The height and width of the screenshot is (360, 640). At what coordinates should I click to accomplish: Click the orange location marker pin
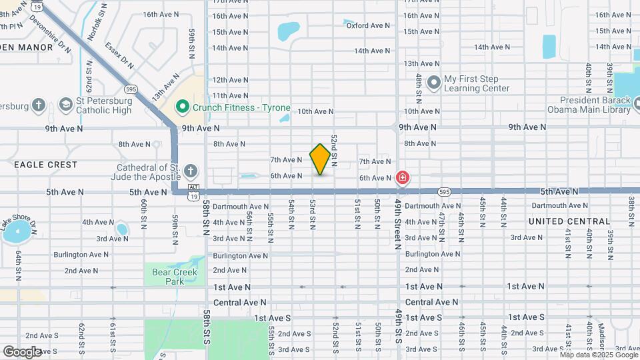click(320, 159)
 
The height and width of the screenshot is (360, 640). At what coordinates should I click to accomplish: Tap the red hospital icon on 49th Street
click(403, 178)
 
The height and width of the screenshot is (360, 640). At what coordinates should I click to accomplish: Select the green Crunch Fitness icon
click(181, 107)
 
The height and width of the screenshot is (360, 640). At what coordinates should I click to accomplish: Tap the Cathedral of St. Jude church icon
click(191, 171)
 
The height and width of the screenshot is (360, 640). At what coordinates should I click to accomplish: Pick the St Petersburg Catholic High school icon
click(65, 105)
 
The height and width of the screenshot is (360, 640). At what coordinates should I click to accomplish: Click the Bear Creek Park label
click(171, 277)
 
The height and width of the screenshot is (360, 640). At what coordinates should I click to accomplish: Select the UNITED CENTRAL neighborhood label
click(569, 221)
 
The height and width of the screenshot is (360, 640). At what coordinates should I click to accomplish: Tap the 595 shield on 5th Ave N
click(445, 192)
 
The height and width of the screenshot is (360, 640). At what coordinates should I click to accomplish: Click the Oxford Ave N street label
click(367, 25)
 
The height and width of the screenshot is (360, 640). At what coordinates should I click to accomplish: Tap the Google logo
click(22, 351)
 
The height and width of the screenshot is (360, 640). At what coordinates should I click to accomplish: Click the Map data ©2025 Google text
click(598, 355)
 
